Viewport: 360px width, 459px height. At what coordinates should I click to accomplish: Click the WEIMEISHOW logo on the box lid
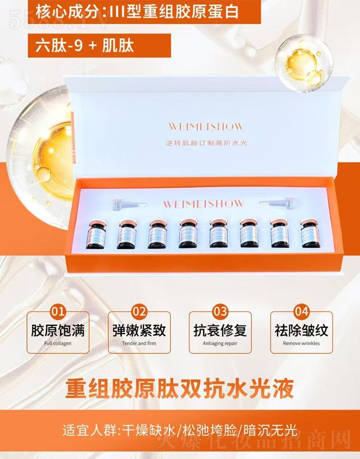[x=205, y=127]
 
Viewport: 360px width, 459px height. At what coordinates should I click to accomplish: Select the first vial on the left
[x=96, y=235]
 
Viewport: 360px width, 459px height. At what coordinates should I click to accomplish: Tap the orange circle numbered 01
[x=58, y=310]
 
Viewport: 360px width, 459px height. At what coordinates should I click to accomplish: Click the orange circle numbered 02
[x=139, y=310]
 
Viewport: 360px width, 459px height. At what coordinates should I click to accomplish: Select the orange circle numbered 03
[x=220, y=310]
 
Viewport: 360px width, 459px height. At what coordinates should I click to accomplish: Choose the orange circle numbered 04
[x=301, y=310]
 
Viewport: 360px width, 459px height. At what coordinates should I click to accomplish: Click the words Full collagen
[x=58, y=343]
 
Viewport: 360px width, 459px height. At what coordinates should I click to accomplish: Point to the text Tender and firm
[x=139, y=343]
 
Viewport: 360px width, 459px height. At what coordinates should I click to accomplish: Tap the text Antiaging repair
[x=220, y=343]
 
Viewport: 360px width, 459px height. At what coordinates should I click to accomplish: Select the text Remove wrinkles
[x=301, y=343]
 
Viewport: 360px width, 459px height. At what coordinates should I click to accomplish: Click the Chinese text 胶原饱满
[x=58, y=329]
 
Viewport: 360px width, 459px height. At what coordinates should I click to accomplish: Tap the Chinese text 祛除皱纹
[x=301, y=329]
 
